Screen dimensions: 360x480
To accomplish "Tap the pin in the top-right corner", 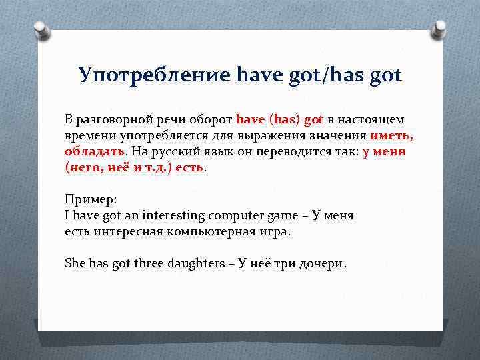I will click(440, 28).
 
